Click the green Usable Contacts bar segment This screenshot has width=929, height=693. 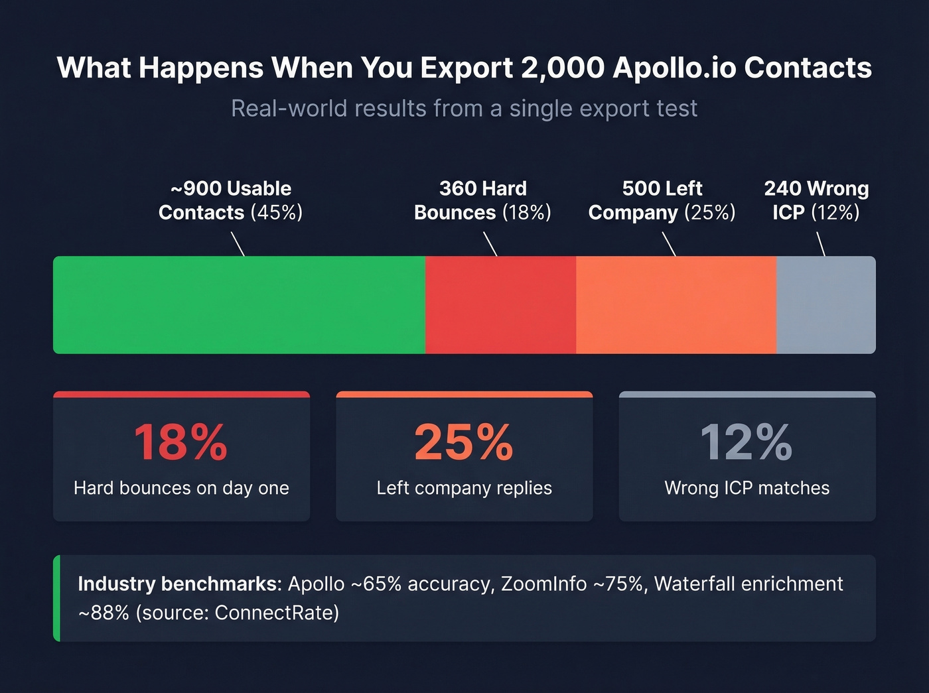239,305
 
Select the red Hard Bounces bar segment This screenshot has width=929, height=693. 500,305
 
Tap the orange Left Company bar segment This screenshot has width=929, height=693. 676,305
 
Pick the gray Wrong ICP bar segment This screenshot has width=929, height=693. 825,305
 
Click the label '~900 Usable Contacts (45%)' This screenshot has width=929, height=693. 230,200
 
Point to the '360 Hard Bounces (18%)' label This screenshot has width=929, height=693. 482,200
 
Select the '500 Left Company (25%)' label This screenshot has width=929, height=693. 662,200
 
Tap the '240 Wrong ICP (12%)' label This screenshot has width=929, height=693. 816,200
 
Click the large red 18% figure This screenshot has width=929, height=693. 180,442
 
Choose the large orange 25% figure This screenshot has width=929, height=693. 464,442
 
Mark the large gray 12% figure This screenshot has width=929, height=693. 747,442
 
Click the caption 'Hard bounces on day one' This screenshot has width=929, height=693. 181,488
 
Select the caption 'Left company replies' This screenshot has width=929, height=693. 464,488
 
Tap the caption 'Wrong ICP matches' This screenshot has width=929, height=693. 747,488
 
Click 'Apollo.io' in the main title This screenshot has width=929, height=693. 674,68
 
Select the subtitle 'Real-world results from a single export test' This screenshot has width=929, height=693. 464,108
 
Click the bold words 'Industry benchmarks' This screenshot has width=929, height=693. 179,584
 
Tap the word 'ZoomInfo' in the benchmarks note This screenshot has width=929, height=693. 543,584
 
